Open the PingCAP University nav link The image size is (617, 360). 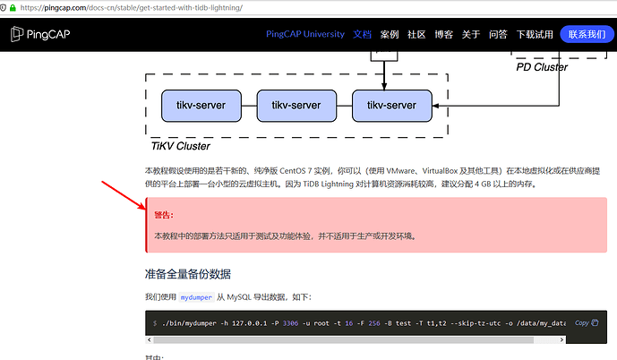304,34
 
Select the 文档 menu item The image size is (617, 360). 362,34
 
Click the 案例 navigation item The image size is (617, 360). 389,34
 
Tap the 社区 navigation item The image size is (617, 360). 416,34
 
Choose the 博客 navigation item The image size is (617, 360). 443,34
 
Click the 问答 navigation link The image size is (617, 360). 498,34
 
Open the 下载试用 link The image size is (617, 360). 534,34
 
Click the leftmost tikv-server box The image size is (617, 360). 201,106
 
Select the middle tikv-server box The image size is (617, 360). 296,106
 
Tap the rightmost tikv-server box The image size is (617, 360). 391,106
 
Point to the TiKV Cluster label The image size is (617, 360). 181,146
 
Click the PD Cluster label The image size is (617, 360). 542,66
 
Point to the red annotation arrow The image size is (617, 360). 123,196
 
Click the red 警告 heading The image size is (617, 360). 164,215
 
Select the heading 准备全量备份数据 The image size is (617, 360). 193,273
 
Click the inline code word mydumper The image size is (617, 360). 198,296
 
